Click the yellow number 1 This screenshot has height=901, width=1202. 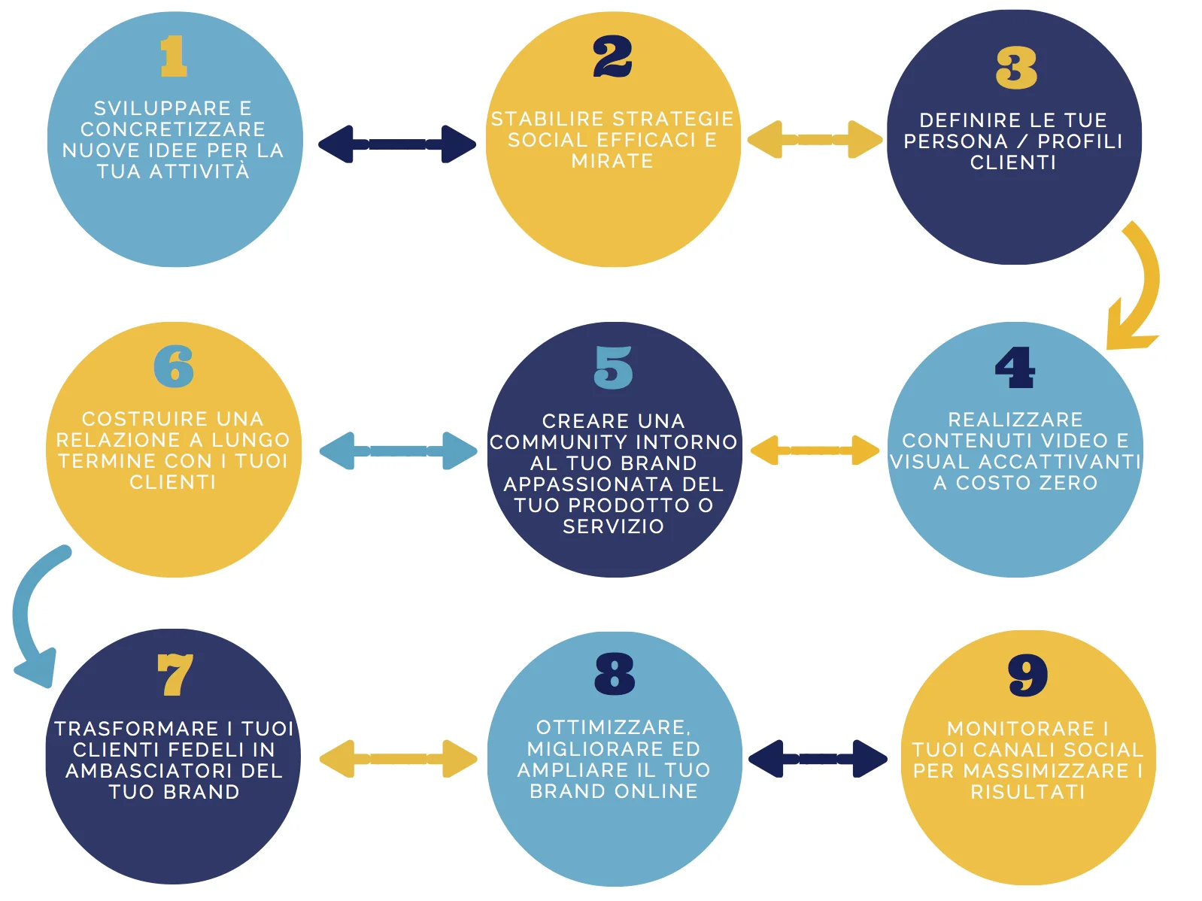(x=174, y=56)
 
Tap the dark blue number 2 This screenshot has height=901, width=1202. (x=612, y=57)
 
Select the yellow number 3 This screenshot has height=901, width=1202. (x=1016, y=68)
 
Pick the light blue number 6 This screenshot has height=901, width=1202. (x=174, y=366)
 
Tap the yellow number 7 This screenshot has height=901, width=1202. (x=175, y=675)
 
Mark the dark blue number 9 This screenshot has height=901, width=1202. (x=1027, y=675)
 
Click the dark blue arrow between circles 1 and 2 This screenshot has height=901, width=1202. (x=397, y=144)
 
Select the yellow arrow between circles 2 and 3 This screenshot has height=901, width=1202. (x=815, y=139)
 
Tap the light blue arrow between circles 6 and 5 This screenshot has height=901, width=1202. (x=398, y=450)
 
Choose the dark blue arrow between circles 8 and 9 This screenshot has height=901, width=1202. (x=818, y=759)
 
